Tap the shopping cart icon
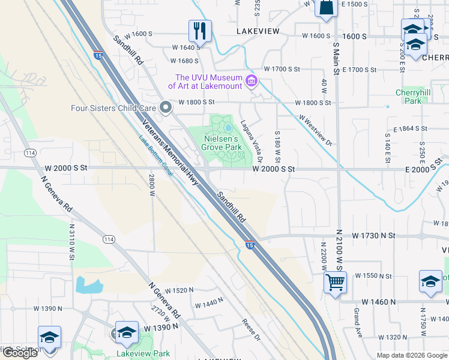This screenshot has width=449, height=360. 335,282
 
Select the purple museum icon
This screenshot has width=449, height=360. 252,81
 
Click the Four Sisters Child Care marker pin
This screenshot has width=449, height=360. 166,108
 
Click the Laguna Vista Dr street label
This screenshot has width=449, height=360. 252,140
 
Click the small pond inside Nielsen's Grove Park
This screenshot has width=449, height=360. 229,128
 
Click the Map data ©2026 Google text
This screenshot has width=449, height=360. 412,355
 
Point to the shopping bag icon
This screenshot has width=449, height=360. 325,8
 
